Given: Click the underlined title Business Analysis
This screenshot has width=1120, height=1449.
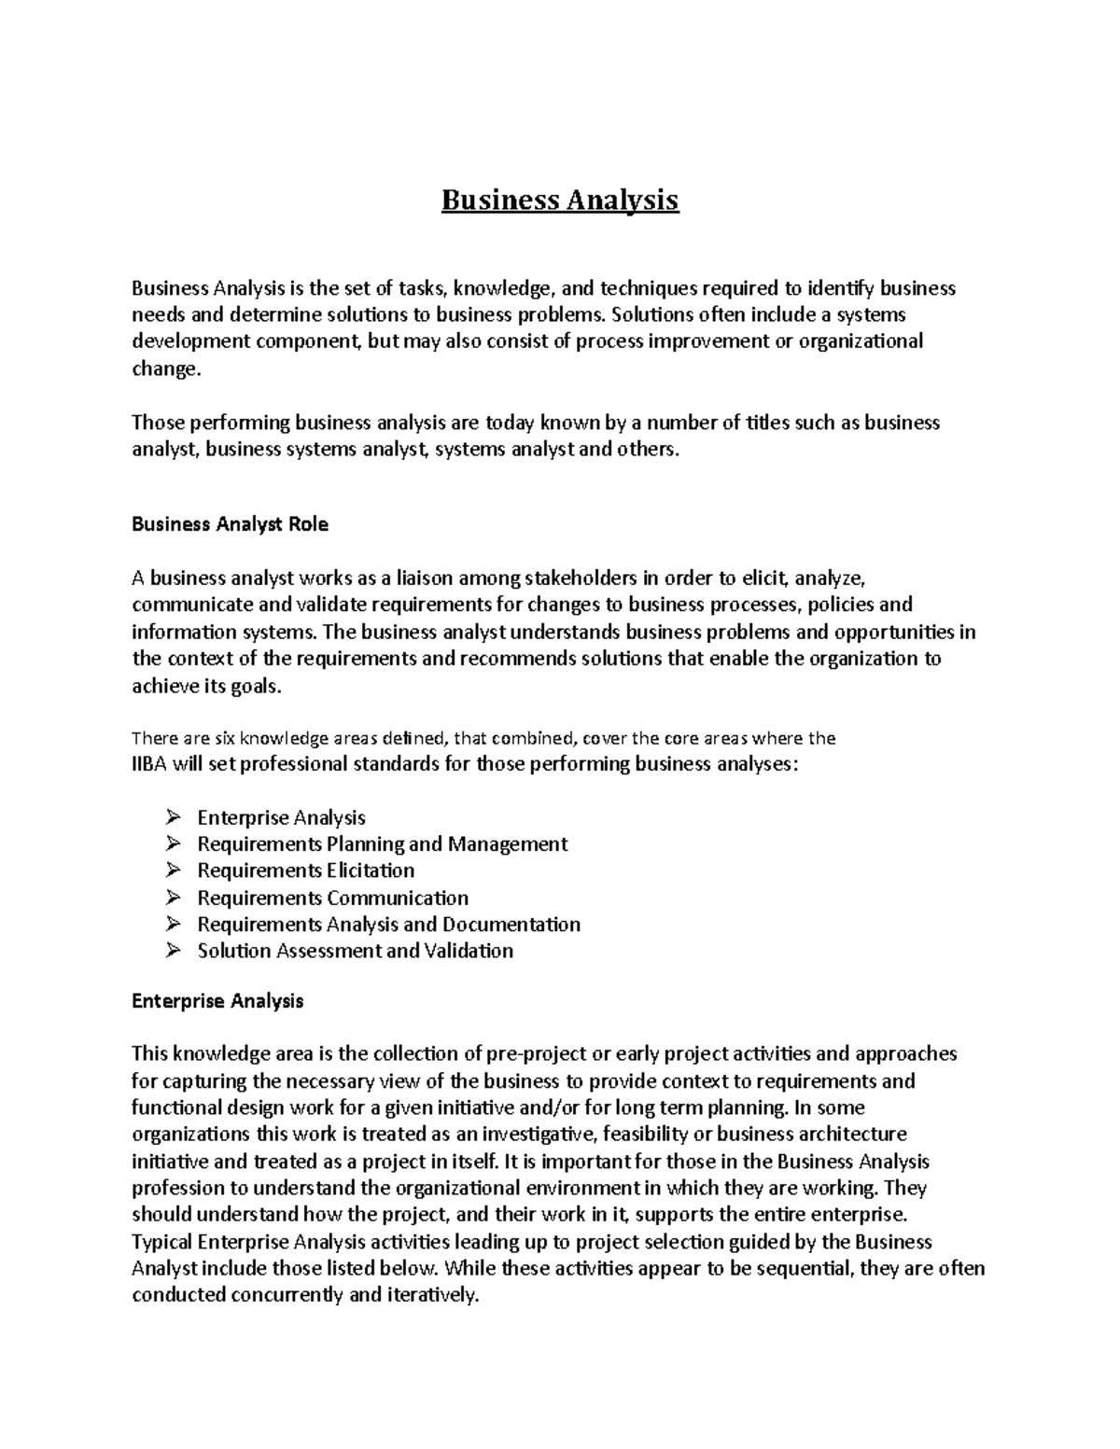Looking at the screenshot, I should coord(560,201).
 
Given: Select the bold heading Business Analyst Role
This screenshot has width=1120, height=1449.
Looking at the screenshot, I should coord(230,524).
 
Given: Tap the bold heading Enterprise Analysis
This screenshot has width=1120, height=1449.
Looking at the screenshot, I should coord(217,1001).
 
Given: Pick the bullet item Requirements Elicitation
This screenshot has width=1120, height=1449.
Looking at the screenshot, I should coord(305,871).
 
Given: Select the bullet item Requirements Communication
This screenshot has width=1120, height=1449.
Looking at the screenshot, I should coord(332,898).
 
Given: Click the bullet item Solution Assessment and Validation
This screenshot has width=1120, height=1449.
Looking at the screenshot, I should coord(355,951).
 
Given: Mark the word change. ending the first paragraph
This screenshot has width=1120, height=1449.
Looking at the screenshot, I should coord(165,369).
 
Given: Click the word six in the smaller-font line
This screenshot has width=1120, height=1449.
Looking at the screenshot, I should coord(225,739).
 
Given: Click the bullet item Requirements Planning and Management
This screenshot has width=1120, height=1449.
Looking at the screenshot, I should coord(382,844).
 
